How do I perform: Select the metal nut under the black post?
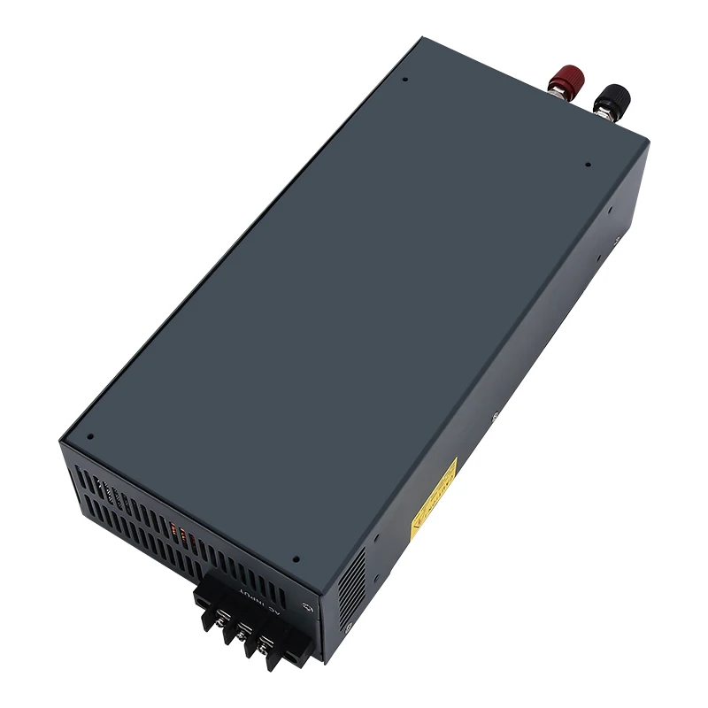point(603,113)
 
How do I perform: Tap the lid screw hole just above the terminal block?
point(296,559)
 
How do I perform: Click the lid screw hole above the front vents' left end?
point(91,436)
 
